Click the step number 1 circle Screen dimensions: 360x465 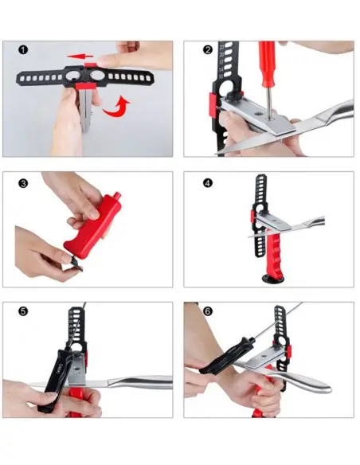tap(23, 49)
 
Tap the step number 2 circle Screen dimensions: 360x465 tap(208, 49)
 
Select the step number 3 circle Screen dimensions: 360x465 tap(23, 183)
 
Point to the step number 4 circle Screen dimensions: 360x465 tap(208, 183)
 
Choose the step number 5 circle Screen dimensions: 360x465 tap(23, 311)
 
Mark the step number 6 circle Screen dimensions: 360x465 tap(208, 311)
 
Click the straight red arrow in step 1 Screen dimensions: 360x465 tap(80, 56)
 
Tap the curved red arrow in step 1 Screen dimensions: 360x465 tap(116, 106)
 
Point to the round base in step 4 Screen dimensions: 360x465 tap(272, 279)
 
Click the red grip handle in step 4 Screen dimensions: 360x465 tap(273, 253)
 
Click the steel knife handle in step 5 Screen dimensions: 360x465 tap(140, 382)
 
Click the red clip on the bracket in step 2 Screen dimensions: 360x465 tap(213, 104)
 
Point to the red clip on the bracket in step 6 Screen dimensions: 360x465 tap(289, 351)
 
